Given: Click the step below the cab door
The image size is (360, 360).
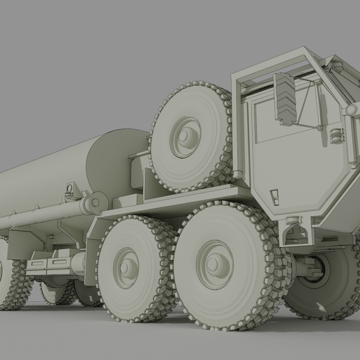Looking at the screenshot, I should coord(295,230).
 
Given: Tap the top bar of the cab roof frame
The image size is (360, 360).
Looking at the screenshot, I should coord(279,61).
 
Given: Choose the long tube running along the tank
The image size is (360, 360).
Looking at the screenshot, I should coord(42,216).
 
